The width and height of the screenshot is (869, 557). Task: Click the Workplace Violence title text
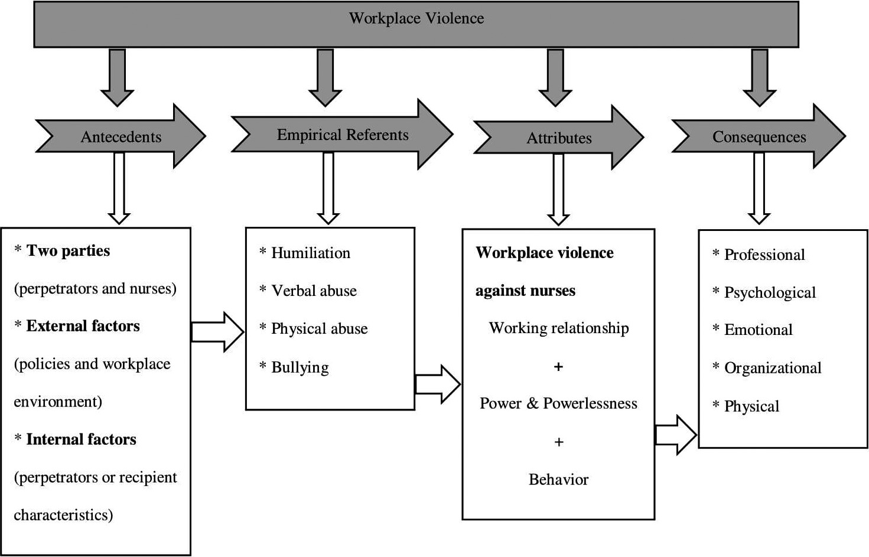(x=416, y=18)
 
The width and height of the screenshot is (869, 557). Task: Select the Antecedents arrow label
(x=121, y=137)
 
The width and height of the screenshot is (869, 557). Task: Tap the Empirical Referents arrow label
(x=343, y=135)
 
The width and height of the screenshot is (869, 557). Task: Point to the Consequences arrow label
(x=759, y=137)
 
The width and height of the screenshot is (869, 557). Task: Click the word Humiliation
(x=311, y=253)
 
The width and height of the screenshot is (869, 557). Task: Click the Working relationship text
(x=559, y=328)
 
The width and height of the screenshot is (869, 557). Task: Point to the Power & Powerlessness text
(x=558, y=403)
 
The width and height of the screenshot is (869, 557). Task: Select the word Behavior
(x=558, y=480)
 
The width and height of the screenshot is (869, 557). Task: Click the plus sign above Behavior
(x=559, y=442)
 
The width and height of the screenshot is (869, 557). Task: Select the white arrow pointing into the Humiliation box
(x=217, y=332)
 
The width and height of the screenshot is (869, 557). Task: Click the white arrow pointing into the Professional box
(x=676, y=435)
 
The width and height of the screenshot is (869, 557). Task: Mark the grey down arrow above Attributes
(x=555, y=77)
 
